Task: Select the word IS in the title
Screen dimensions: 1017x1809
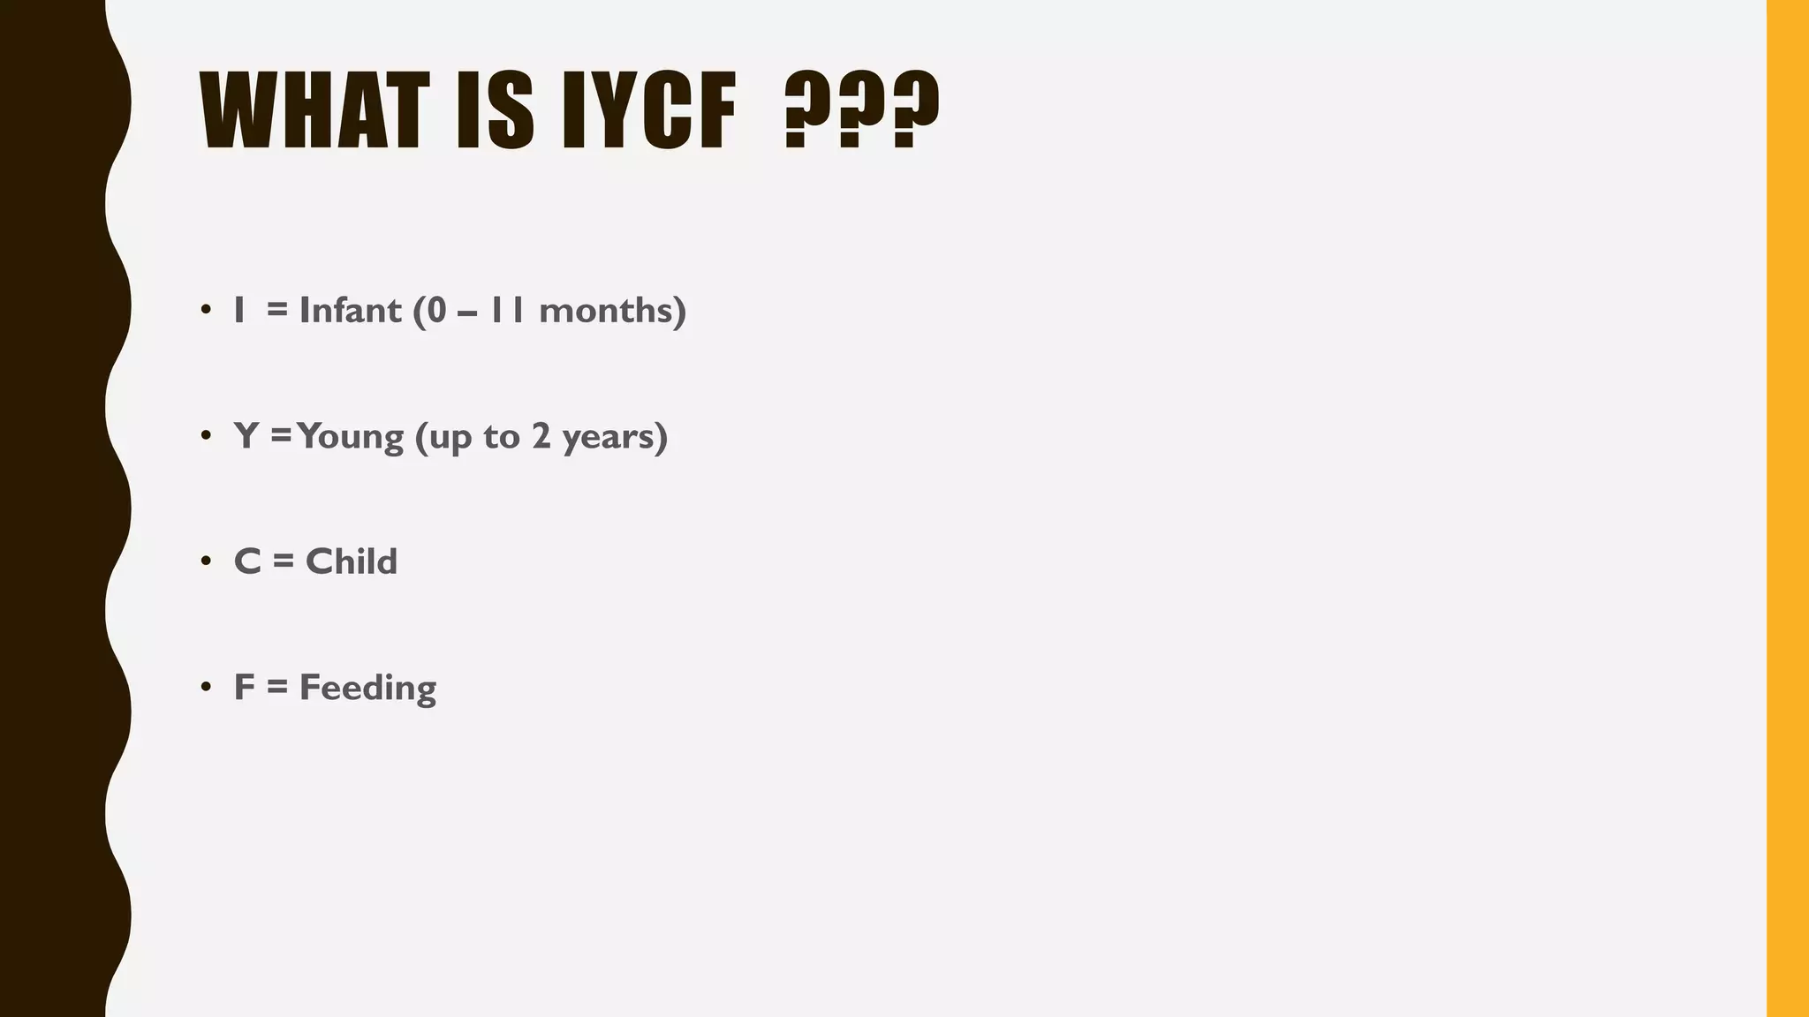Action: coord(495,111)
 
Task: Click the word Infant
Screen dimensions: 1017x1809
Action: coord(351,310)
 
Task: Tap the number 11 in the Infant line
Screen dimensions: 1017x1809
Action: coord(508,310)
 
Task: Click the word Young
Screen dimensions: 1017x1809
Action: coord(351,436)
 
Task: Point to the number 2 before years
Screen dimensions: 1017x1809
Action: coord(541,436)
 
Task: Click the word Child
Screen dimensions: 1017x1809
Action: coord(352,561)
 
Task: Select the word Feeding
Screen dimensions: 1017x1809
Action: coord(367,688)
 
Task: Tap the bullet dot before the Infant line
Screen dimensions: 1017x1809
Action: coord(206,310)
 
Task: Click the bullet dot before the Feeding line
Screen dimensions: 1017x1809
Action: coord(206,687)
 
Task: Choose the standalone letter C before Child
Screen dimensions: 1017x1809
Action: coord(247,561)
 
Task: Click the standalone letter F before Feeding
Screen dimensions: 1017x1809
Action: coord(244,688)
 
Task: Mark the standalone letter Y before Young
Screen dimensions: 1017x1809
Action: coord(246,436)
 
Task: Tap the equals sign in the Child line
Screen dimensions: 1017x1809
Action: coord(283,561)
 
